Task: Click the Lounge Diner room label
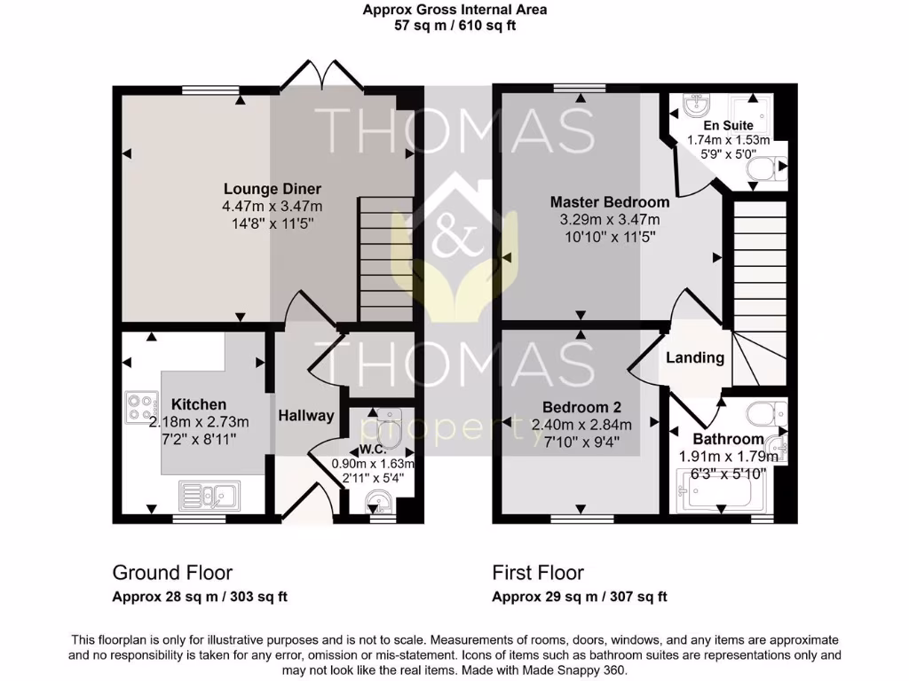[272, 189]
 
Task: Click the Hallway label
[306, 415]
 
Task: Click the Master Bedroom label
[609, 201]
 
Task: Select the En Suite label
[728, 126]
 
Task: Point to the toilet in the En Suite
[763, 168]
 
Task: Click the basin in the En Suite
[695, 107]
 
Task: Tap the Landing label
[695, 358]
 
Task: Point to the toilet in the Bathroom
[765, 413]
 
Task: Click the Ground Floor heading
[172, 573]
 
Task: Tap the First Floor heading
[538, 573]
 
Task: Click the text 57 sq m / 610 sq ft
[454, 26]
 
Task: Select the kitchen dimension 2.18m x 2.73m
[199, 421]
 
